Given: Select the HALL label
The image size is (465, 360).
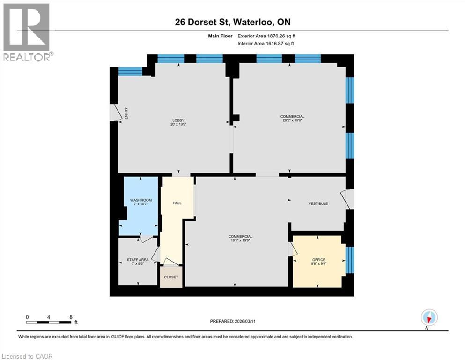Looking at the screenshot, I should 177,203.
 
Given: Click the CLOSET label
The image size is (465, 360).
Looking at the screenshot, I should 171,277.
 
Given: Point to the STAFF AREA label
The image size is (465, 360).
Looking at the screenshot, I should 138,259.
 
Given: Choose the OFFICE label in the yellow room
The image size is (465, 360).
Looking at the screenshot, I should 319,260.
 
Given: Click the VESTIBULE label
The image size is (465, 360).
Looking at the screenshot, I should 318,203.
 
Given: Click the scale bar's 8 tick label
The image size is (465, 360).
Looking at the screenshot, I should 71,317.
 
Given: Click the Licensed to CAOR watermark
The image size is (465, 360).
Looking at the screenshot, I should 27,356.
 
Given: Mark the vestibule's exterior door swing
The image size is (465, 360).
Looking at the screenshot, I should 349,199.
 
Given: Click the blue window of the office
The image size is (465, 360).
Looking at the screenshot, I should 350,260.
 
